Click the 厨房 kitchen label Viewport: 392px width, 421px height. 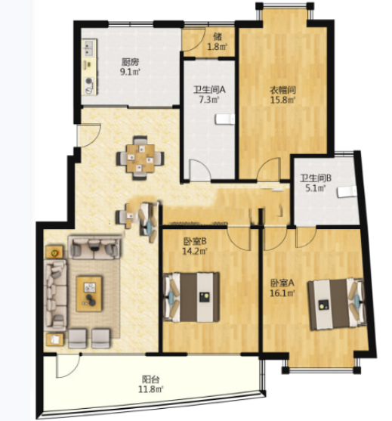[x=130, y=62]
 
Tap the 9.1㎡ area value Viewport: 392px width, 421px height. [x=130, y=72]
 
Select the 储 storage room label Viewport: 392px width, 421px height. [x=218, y=36]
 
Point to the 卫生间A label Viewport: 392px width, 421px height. [x=209, y=89]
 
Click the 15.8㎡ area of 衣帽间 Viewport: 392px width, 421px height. [x=282, y=100]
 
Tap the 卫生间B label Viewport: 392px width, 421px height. [x=316, y=178]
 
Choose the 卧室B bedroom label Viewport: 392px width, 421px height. [x=195, y=242]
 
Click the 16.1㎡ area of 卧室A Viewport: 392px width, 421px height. [x=282, y=293]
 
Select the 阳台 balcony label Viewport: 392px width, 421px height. [x=150, y=379]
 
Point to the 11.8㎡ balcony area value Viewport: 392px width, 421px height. [x=151, y=389]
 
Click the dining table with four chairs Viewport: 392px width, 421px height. [x=140, y=158]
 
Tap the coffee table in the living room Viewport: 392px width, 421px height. [x=89, y=294]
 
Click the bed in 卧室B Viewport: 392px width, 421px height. [x=191, y=297]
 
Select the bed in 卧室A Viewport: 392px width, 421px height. [x=338, y=304]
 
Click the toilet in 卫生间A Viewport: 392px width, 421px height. [x=225, y=119]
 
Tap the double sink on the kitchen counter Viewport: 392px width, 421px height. [x=89, y=48]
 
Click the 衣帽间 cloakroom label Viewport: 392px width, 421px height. [x=282, y=90]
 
